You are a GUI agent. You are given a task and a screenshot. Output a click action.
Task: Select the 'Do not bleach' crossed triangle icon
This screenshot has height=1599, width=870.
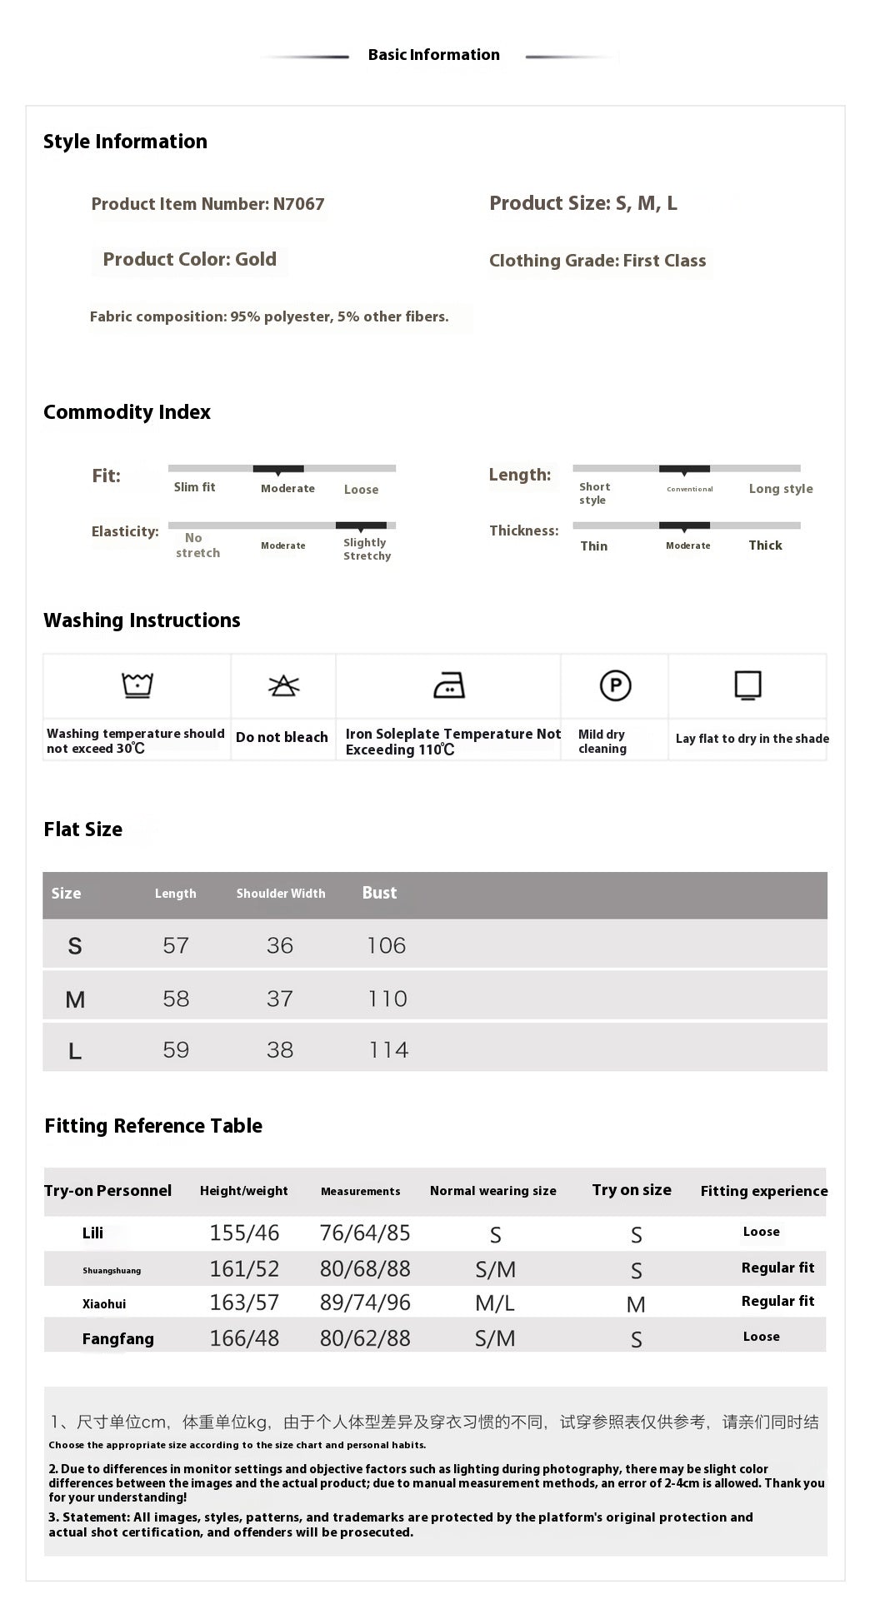(x=283, y=685)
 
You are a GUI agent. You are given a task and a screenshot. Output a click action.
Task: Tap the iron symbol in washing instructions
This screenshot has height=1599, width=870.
(x=449, y=685)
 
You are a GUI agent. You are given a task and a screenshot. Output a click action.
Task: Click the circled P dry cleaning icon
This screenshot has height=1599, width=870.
(x=615, y=685)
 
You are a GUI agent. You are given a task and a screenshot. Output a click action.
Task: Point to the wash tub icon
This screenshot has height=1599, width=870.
(x=137, y=685)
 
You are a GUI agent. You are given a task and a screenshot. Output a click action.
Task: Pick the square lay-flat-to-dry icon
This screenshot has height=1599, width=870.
(x=747, y=685)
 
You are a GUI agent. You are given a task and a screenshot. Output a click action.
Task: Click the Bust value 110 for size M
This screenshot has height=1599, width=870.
(x=387, y=999)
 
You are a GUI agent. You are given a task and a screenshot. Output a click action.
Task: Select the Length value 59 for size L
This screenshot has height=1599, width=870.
(x=176, y=1049)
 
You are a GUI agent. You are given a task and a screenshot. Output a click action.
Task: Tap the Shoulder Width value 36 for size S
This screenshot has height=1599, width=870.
(x=280, y=945)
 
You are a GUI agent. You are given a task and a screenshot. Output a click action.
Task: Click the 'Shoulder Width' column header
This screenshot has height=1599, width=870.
(x=280, y=894)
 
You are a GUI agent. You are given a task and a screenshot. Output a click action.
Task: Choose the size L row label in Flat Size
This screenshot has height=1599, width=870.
(x=75, y=1051)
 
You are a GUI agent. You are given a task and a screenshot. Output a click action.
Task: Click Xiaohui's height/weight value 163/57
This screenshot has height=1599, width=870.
(x=244, y=1303)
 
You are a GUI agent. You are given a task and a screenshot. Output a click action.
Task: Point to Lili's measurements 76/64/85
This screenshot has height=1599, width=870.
(x=365, y=1233)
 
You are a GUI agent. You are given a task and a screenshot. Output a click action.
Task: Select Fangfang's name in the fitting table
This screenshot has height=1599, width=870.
(x=117, y=1338)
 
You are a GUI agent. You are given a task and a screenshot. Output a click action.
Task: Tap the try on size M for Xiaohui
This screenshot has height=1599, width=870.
(x=636, y=1304)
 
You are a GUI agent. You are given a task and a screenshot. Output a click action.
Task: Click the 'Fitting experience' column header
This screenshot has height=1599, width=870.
(x=763, y=1191)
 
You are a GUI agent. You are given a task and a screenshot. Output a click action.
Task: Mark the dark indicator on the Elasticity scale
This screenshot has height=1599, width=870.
(x=361, y=526)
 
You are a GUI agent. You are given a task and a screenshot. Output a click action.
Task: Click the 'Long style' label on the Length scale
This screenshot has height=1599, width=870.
(x=780, y=489)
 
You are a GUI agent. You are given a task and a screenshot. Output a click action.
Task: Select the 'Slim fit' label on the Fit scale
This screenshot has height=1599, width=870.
(x=194, y=487)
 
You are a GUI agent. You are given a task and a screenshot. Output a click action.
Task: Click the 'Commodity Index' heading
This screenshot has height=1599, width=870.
(x=127, y=412)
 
